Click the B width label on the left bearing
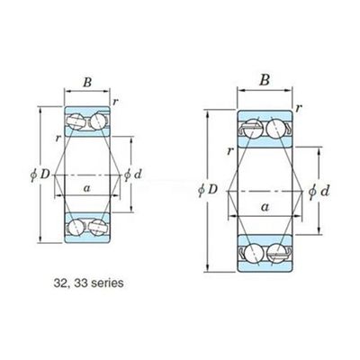point(87,82)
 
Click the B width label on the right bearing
point(265,80)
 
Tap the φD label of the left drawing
point(40,175)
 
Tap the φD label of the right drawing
point(208,190)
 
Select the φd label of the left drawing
point(133,175)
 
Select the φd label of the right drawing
point(319,191)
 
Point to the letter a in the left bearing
point(87,188)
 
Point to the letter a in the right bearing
point(265,206)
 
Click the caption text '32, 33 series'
point(88,283)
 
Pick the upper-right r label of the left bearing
point(115,102)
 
